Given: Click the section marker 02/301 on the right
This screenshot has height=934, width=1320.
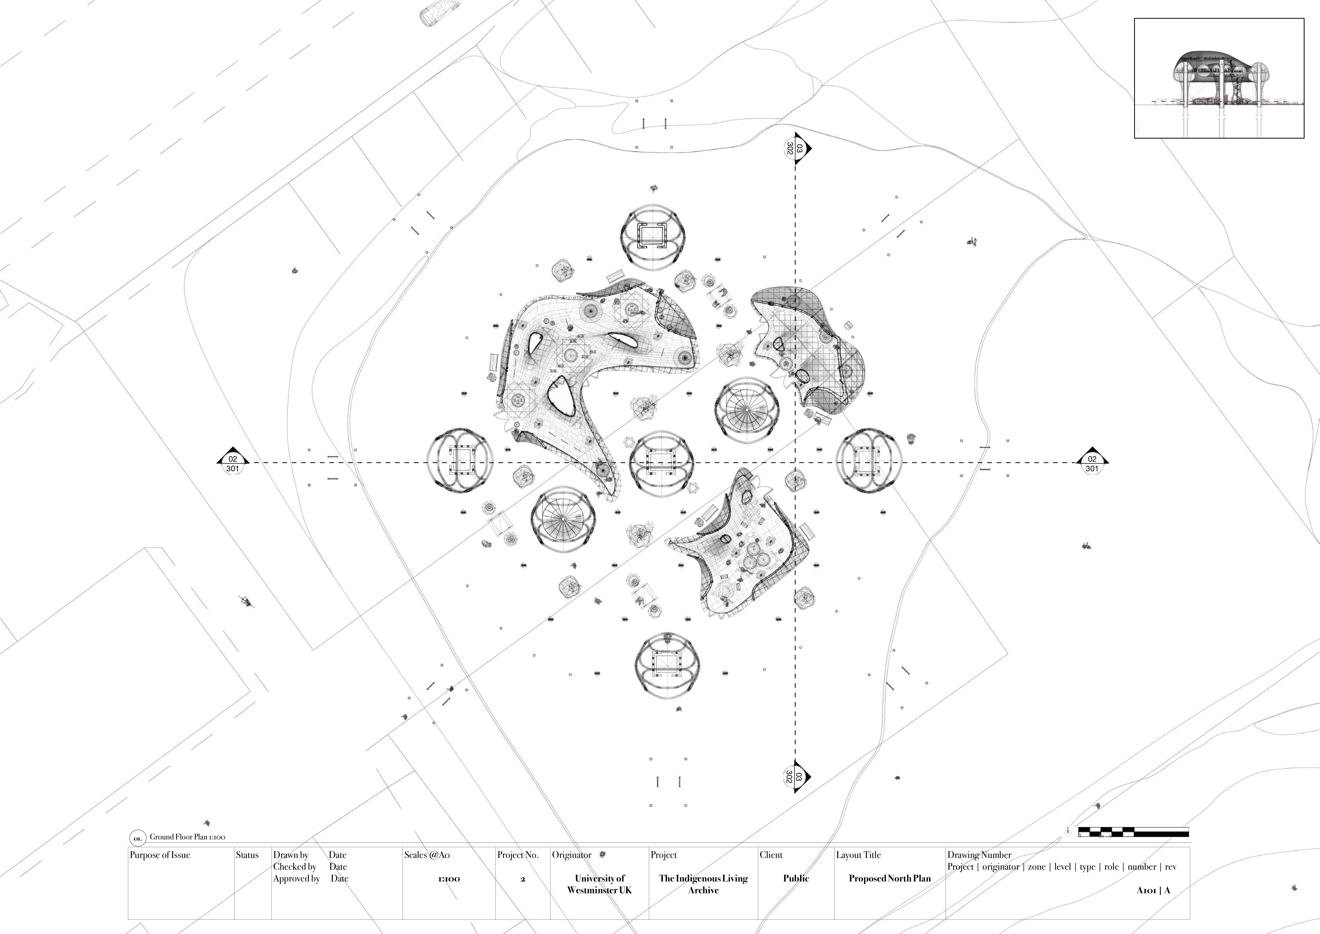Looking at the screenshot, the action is click(x=1092, y=461).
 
